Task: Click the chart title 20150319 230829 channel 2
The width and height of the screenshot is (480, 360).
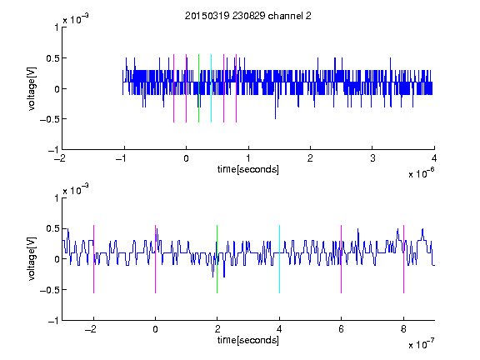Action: click(248, 16)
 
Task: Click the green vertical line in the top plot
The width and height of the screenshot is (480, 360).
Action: click(198, 88)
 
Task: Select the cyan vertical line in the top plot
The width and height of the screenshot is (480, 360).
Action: click(211, 88)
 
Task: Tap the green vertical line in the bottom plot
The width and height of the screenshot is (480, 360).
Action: click(217, 259)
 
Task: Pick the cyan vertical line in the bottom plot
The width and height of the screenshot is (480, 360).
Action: click(279, 259)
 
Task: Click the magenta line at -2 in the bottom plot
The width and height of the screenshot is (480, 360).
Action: click(93, 259)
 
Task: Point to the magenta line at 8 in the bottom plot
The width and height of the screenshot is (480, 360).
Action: click(404, 259)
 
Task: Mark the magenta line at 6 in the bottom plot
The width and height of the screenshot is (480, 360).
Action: click(342, 259)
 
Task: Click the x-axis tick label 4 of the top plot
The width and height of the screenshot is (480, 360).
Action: click(434, 158)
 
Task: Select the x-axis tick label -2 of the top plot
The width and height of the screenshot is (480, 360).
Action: click(60, 158)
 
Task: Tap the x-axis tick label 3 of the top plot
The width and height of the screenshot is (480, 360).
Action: click(372, 158)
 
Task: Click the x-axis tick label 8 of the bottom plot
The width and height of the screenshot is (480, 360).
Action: click(403, 329)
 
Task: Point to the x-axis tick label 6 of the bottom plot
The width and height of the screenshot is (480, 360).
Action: click(342, 329)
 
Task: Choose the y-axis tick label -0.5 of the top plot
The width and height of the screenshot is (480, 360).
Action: click(49, 119)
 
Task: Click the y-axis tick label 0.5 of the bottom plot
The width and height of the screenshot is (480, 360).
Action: click(52, 228)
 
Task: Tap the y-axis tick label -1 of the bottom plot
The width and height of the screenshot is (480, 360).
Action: click(53, 321)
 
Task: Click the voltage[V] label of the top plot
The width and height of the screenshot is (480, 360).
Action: click(32, 89)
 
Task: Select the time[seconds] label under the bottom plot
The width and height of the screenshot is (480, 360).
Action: click(248, 340)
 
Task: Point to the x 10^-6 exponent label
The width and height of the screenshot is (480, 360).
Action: click(421, 172)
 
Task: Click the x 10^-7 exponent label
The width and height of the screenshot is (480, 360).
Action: click(421, 344)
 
